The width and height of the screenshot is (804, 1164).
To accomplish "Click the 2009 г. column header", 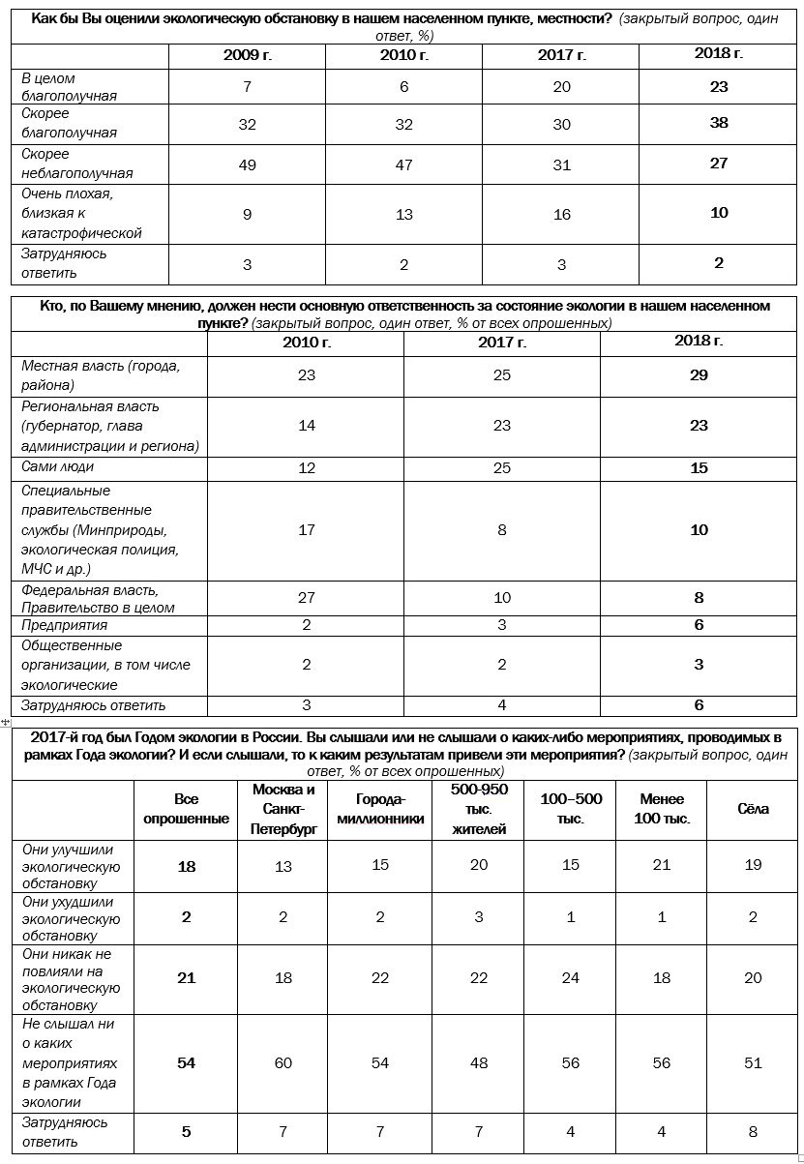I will (x=248, y=55).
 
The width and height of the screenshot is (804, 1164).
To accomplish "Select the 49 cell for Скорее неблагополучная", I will (x=248, y=164).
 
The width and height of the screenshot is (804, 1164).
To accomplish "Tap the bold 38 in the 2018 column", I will (x=718, y=123).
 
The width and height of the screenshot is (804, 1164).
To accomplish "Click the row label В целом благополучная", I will (x=70, y=87).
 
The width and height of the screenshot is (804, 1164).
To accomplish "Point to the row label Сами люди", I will (x=58, y=467).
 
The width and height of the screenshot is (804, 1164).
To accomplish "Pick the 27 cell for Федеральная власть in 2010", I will (x=307, y=598).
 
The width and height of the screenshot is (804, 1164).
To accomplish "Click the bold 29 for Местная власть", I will (x=699, y=374).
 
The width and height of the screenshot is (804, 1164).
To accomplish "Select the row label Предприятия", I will (x=65, y=625).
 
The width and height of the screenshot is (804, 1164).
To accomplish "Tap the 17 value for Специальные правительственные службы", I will (x=307, y=529).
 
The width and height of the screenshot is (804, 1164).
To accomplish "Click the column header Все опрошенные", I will (x=187, y=809).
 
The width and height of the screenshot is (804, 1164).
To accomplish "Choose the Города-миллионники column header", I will (x=380, y=809).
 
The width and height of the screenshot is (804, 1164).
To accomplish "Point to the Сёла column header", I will (x=753, y=809).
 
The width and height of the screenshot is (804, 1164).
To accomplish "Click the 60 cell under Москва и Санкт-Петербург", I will (x=283, y=1062).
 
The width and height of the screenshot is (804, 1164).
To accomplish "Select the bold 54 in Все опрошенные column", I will (x=187, y=1062).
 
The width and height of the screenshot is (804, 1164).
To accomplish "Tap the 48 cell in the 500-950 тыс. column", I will (x=479, y=1062).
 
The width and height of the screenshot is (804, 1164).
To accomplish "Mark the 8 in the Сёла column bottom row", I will (x=753, y=1132).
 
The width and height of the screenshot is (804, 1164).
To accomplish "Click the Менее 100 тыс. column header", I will (x=662, y=809).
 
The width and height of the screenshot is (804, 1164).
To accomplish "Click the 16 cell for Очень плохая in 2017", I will (x=562, y=214).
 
